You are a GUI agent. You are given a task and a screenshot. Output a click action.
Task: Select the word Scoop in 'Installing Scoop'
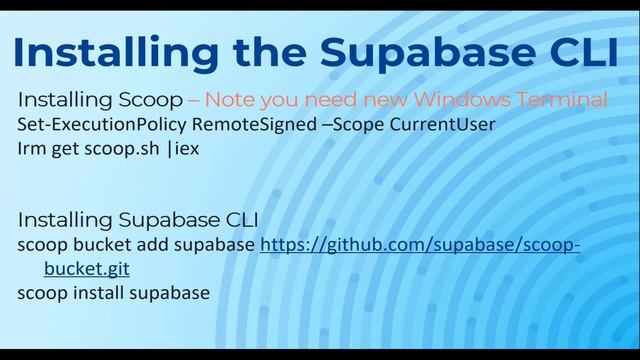click(x=151, y=100)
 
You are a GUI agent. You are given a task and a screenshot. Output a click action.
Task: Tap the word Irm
click(x=32, y=150)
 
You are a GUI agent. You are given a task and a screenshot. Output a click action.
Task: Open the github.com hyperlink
click(x=420, y=245)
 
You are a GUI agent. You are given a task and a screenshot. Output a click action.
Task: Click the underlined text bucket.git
click(x=86, y=269)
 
